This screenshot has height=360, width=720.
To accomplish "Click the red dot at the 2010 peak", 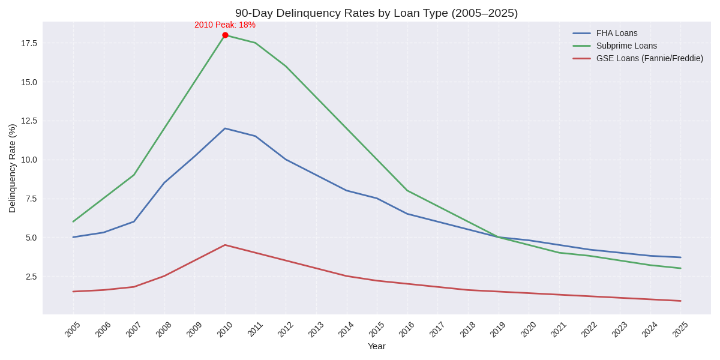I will coord(225,35).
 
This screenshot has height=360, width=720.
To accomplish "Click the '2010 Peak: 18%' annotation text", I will coord(225,25).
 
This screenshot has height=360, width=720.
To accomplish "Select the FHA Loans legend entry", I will coord(617,33).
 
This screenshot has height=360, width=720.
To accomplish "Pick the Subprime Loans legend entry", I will coord(626,46).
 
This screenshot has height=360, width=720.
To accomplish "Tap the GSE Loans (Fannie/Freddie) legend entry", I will coord(649,58).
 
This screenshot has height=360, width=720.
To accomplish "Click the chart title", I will coord(376,13).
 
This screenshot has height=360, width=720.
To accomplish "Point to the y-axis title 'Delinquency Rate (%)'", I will coord(12,168).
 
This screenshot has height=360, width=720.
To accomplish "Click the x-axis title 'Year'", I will coord(376,346).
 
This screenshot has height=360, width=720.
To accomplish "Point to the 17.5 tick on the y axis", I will coord(29,43).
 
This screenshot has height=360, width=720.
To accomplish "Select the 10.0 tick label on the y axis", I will coord(29,160).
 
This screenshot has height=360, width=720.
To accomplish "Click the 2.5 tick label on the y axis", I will coord(31,277).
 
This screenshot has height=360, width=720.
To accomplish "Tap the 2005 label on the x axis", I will coord(73,329).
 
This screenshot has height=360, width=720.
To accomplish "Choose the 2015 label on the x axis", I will coord(376,329).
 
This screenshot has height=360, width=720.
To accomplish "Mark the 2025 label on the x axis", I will coord(680,329).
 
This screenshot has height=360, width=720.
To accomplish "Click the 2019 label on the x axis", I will coord(497,329).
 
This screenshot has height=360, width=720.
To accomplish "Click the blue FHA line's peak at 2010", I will coord(225,128).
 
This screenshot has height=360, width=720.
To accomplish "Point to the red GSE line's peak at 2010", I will coord(225,245).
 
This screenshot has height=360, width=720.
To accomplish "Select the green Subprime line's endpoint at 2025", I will coord(680,268).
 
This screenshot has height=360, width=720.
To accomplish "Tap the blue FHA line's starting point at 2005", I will coord(73,237).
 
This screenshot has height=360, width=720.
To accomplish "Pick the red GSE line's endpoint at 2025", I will coord(680,301).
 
